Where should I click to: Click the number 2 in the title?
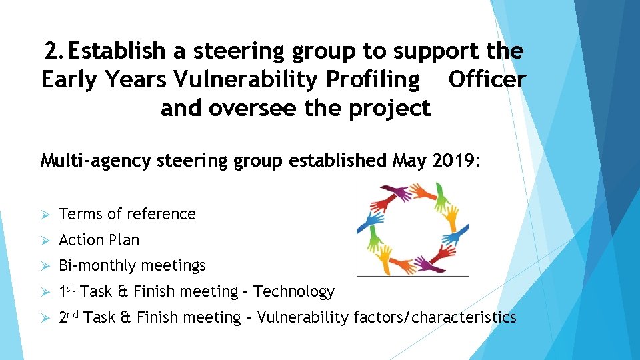51,51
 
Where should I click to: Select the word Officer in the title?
487,79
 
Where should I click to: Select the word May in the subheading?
409,161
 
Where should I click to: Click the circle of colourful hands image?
413,228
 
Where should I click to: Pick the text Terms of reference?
127,214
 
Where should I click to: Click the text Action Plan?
99,240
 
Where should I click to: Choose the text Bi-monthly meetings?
133,265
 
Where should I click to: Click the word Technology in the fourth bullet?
294,291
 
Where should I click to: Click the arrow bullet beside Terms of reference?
46,215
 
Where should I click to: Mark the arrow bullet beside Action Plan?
46,240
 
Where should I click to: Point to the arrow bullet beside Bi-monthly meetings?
46,266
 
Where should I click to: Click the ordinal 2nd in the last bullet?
69,317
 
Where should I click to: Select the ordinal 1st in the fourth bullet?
68,291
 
